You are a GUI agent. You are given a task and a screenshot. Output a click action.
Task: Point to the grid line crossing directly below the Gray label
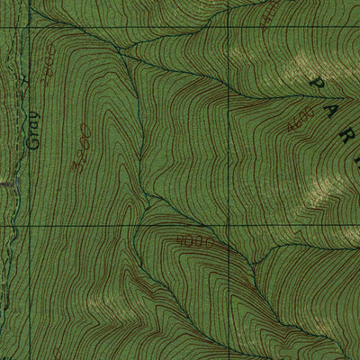point(24,226)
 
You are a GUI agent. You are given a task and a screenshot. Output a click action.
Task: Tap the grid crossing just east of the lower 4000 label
point(229,226)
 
